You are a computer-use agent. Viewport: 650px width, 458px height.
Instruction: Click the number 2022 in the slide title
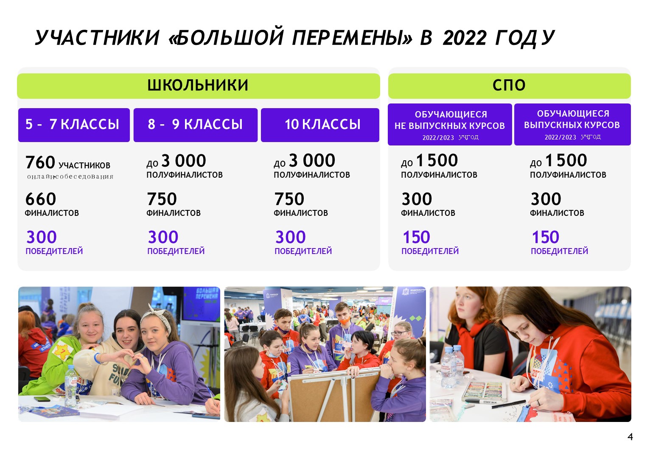click(x=464, y=38)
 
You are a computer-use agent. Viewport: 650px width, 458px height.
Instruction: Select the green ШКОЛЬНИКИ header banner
click(x=199, y=86)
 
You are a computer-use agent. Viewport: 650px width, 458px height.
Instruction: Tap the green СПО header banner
click(x=509, y=86)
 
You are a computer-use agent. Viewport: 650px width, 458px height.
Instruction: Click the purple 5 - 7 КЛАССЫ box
click(x=74, y=125)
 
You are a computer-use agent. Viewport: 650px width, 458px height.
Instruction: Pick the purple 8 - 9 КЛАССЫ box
click(x=195, y=125)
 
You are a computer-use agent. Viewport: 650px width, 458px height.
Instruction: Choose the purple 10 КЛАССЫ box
click(x=320, y=125)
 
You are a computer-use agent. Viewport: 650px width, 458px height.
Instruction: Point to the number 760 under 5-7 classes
click(x=40, y=162)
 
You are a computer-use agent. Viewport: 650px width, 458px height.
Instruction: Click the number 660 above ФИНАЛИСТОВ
click(x=41, y=199)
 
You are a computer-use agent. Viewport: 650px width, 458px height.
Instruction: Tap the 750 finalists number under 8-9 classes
click(x=162, y=199)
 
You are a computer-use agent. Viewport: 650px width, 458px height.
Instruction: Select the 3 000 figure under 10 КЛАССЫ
click(x=312, y=160)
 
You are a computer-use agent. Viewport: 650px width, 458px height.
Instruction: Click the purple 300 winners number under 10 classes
click(x=290, y=237)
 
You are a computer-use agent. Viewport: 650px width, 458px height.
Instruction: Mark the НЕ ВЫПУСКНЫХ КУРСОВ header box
click(x=450, y=124)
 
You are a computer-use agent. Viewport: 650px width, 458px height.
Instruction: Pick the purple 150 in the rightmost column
click(x=545, y=237)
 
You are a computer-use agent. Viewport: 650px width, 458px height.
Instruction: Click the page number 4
click(x=630, y=436)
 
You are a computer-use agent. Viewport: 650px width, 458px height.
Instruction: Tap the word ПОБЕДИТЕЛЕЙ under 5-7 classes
click(x=54, y=251)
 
